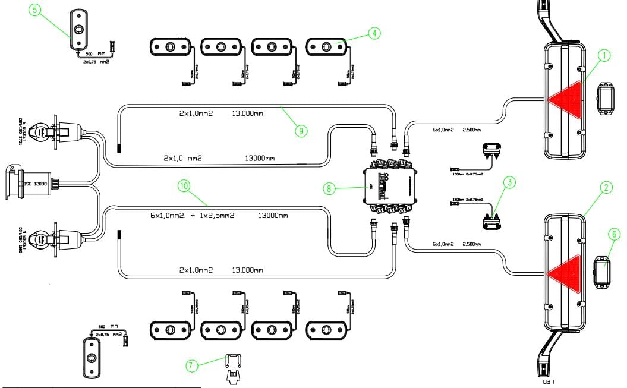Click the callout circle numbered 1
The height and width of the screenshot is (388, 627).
click(604, 56)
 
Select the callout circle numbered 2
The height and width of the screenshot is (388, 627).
click(606, 188)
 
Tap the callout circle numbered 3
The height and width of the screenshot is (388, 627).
click(508, 182)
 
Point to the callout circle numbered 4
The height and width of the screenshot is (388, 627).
click(374, 33)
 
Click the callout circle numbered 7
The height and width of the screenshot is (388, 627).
click(192, 366)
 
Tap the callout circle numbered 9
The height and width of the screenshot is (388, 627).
click(301, 130)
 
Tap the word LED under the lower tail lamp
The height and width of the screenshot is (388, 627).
click(549, 381)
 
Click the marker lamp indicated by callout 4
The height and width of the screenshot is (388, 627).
click(326, 46)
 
